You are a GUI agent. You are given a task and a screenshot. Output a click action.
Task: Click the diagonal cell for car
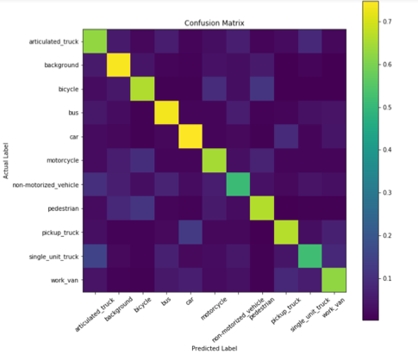pos(188,136)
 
